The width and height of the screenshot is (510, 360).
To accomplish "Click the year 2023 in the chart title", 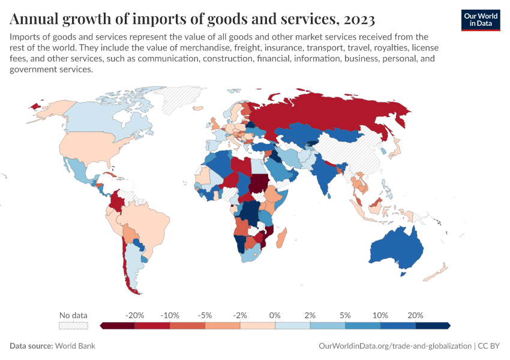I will (358, 19).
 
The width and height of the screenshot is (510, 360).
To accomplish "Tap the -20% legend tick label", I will (134, 315).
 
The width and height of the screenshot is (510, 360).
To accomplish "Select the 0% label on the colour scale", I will (275, 315).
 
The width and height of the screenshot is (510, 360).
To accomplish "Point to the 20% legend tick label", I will (415, 315).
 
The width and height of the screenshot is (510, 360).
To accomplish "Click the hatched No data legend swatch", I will (73, 326).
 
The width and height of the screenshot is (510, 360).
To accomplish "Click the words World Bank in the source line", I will (75, 346).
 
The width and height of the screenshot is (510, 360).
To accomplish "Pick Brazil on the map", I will (147, 225).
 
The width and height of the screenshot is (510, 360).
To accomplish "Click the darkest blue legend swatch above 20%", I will (433, 326).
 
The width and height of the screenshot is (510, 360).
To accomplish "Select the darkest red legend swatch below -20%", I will (117, 326).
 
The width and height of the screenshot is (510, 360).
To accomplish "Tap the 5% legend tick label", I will (345, 315).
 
